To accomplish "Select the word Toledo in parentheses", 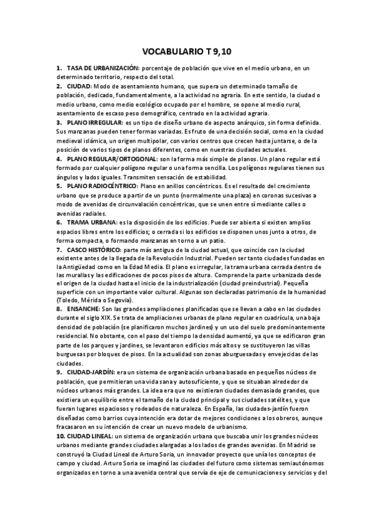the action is (68, 300).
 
